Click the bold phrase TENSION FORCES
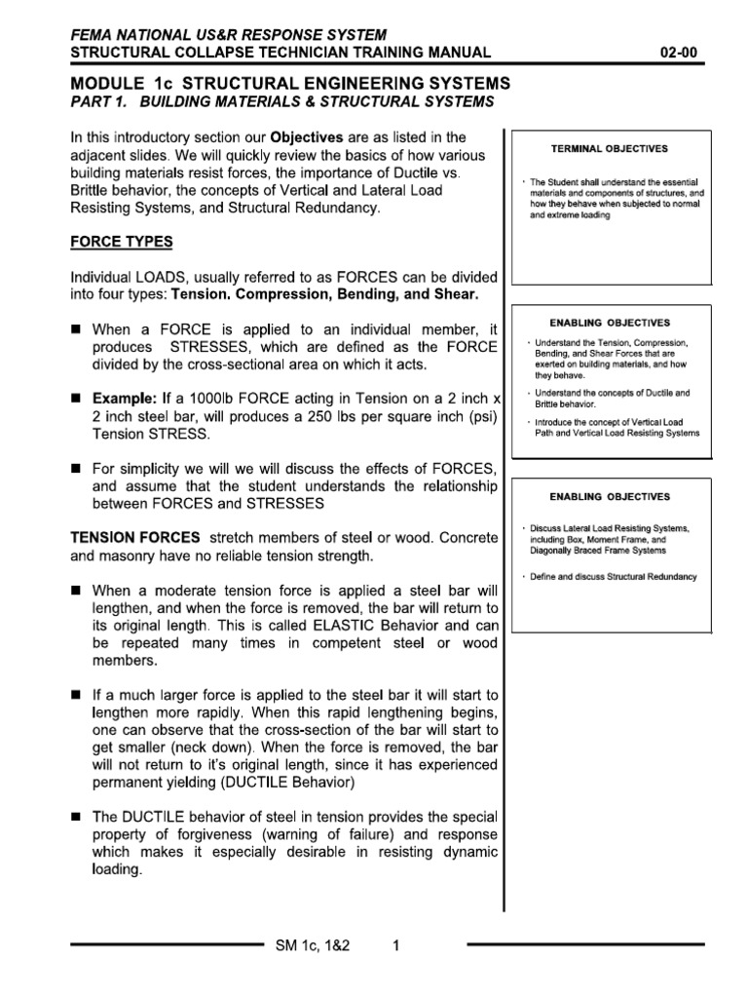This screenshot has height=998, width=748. pyautogui.click(x=134, y=538)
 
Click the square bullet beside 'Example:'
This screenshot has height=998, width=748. pyautogui.click(x=74, y=399)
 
